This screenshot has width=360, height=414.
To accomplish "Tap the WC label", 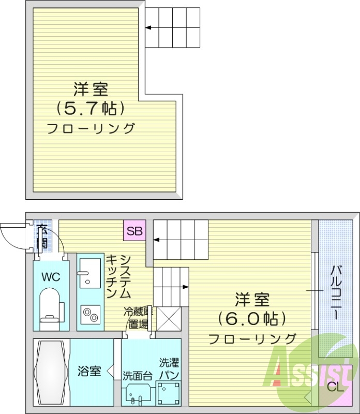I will point(51,277).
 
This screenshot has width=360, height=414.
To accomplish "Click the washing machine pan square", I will point(168,394).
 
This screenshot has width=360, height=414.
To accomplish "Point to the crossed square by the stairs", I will point(168,318).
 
